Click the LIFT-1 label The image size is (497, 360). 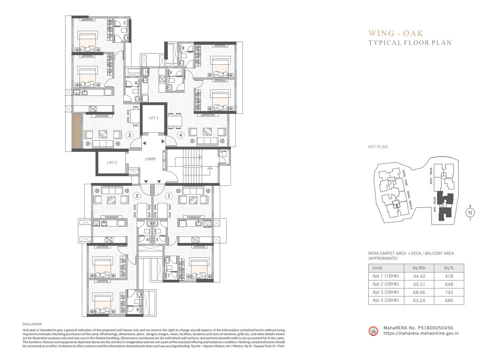click(153, 118)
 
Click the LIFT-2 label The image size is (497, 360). click(112, 163)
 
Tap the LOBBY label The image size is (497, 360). click(151, 159)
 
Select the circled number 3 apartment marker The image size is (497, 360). click(129, 135)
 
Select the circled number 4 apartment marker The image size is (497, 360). click(181, 135)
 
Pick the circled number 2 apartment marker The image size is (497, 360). click(137, 195)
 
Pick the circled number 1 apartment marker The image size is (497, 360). click(169, 195)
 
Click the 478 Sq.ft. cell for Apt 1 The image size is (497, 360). click(449, 276)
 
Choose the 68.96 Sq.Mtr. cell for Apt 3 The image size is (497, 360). click(419, 292)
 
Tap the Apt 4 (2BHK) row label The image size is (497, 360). click(386, 300)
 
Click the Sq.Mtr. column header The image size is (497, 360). click(419, 268)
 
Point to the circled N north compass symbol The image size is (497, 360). click(470, 213)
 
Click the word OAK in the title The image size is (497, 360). click(413, 33)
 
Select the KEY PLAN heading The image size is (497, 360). click(378, 147)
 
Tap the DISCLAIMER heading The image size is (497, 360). click(32, 324)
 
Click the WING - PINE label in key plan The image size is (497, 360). click(405, 177)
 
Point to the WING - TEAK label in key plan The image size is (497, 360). click(431, 176)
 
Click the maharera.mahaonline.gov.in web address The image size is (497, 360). click(421, 333)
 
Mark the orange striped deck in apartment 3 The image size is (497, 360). click(77, 131)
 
